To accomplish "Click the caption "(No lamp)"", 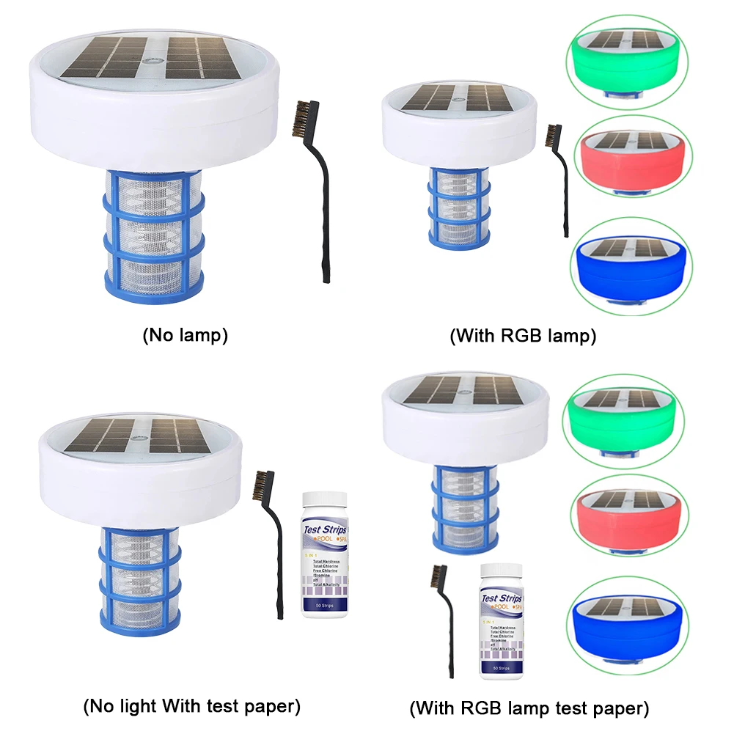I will tap(185, 336).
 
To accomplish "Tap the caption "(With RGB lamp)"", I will tap(522, 336).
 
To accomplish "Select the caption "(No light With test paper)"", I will tap(191, 706).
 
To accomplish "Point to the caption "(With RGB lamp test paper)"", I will tap(529, 708).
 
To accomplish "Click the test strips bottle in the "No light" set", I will tap(324, 554).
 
